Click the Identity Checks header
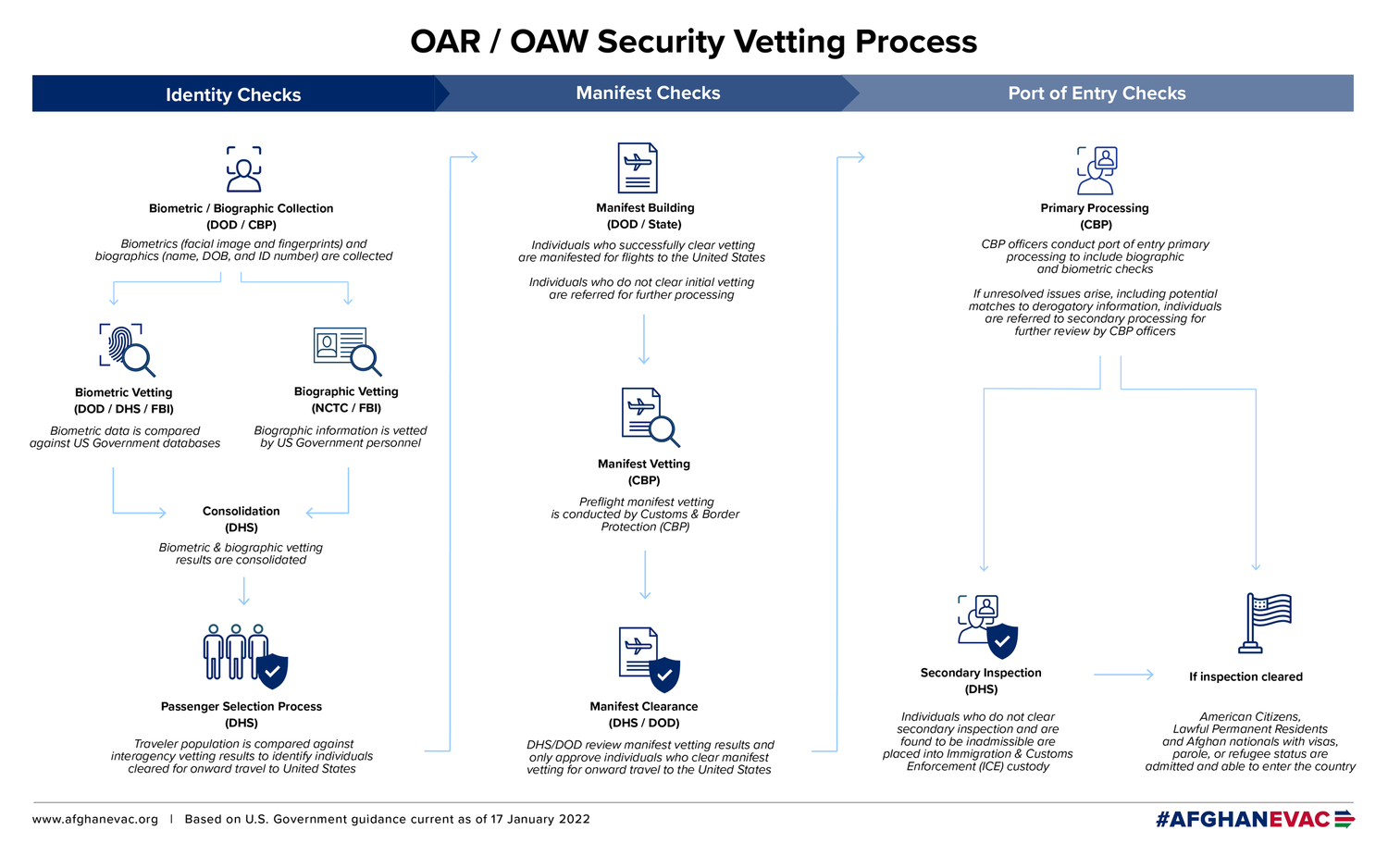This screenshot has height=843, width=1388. click(x=233, y=94)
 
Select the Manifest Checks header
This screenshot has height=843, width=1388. click(x=648, y=93)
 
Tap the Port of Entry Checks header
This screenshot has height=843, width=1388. click(x=1097, y=93)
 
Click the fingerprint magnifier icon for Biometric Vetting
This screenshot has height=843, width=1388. click(x=127, y=349)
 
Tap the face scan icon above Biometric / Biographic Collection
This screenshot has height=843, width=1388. click(x=243, y=168)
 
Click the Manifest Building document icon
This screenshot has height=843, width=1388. click(x=638, y=167)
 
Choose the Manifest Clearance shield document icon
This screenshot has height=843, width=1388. click(x=650, y=659)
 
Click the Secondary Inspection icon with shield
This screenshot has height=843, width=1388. click(x=987, y=626)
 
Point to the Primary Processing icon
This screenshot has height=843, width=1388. click(x=1097, y=170)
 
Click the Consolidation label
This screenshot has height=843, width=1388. click(x=241, y=511)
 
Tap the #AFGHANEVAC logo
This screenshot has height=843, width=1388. click(x=1254, y=819)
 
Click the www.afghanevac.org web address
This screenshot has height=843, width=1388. click(x=95, y=819)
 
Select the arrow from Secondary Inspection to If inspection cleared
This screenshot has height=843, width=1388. click(x=1123, y=675)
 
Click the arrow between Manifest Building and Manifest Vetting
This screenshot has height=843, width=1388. click(x=644, y=339)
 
